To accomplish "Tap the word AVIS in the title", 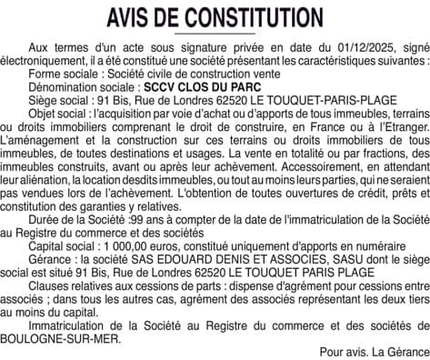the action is click(x=133, y=17).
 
